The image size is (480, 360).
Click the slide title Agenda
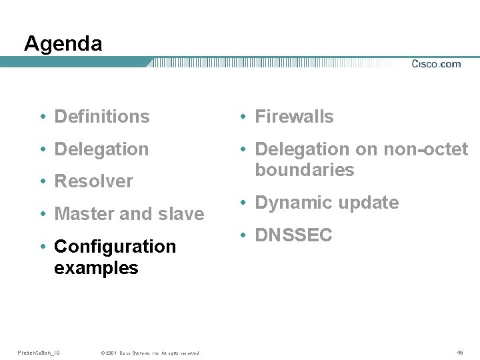point(63,44)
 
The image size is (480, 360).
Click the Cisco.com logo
point(436,64)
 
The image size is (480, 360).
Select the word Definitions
point(102,117)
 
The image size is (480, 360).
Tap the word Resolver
point(93,181)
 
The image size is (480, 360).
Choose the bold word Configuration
point(115,247)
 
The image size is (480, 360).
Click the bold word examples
point(96,269)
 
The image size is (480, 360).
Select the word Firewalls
point(294,117)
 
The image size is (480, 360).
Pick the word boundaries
point(304,170)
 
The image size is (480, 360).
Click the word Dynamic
point(293,203)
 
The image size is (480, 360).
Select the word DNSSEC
point(293,235)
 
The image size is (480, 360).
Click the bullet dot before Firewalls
point(244,117)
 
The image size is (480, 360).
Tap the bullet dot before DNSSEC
point(244,236)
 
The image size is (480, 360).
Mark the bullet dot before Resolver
point(43,182)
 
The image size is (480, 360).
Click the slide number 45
point(460,353)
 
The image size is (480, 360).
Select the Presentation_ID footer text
point(38,353)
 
